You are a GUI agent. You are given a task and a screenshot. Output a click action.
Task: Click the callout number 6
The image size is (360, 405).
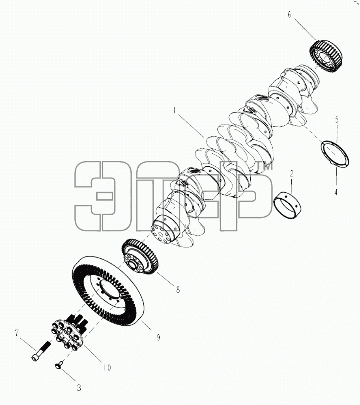click(x=289, y=15)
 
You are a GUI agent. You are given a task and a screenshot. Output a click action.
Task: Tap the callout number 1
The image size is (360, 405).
click(x=175, y=110)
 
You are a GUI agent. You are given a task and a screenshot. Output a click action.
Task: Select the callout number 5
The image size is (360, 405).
click(x=337, y=120)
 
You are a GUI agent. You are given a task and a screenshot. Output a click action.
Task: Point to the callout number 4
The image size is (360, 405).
click(x=336, y=192)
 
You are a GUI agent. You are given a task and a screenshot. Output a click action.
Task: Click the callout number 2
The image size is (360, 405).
click(x=292, y=173)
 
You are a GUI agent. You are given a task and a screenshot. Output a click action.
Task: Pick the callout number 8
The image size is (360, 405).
click(x=178, y=290)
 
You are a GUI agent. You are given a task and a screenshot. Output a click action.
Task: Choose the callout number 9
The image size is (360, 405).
click(x=158, y=337)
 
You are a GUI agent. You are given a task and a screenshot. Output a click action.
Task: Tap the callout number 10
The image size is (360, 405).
click(x=107, y=367)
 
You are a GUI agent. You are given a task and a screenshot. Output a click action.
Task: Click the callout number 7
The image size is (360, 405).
click(x=17, y=333)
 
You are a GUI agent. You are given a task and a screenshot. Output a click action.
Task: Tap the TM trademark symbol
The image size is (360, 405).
click(x=264, y=166)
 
